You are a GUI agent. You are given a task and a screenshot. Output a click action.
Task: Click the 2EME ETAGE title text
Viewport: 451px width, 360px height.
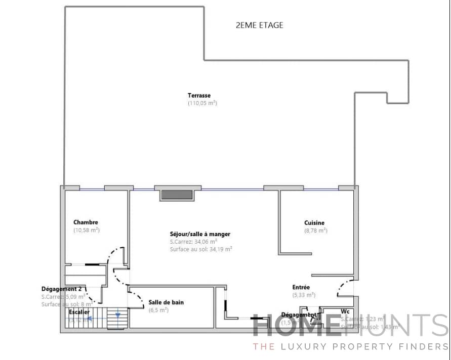point(260,25)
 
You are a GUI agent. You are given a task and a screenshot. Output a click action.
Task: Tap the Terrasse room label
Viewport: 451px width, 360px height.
point(199,95)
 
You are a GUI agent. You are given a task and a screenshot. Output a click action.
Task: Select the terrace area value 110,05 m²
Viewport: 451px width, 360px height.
point(202,103)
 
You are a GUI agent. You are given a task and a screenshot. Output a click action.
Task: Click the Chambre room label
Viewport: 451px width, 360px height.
point(86,222)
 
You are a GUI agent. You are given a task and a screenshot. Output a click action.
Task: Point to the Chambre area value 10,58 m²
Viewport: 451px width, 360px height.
point(86,230)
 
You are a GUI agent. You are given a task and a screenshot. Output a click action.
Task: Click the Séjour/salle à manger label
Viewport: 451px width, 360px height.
point(200,234)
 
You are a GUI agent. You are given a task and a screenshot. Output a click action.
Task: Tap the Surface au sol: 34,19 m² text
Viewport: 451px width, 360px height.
point(201,249)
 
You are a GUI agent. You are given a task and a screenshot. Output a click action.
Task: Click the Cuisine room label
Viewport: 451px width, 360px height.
point(314,222)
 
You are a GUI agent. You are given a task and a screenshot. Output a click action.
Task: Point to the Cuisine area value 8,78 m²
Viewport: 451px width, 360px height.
point(315,231)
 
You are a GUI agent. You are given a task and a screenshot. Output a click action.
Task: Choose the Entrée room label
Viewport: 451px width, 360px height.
point(301,287)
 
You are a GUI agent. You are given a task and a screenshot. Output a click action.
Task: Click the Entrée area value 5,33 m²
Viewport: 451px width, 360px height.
point(304,295)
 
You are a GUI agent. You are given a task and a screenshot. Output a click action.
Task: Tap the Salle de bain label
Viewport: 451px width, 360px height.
point(166,302)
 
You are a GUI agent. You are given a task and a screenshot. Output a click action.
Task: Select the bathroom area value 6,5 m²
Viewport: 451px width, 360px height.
point(158,310)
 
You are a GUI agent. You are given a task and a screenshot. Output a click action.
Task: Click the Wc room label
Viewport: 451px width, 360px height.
point(346,311)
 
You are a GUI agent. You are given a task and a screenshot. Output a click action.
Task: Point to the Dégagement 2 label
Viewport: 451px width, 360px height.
point(62,289)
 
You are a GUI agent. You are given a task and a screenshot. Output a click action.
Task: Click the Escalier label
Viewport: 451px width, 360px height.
point(79,312)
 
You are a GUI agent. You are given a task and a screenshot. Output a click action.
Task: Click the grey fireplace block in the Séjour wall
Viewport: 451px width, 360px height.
point(176,195)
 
